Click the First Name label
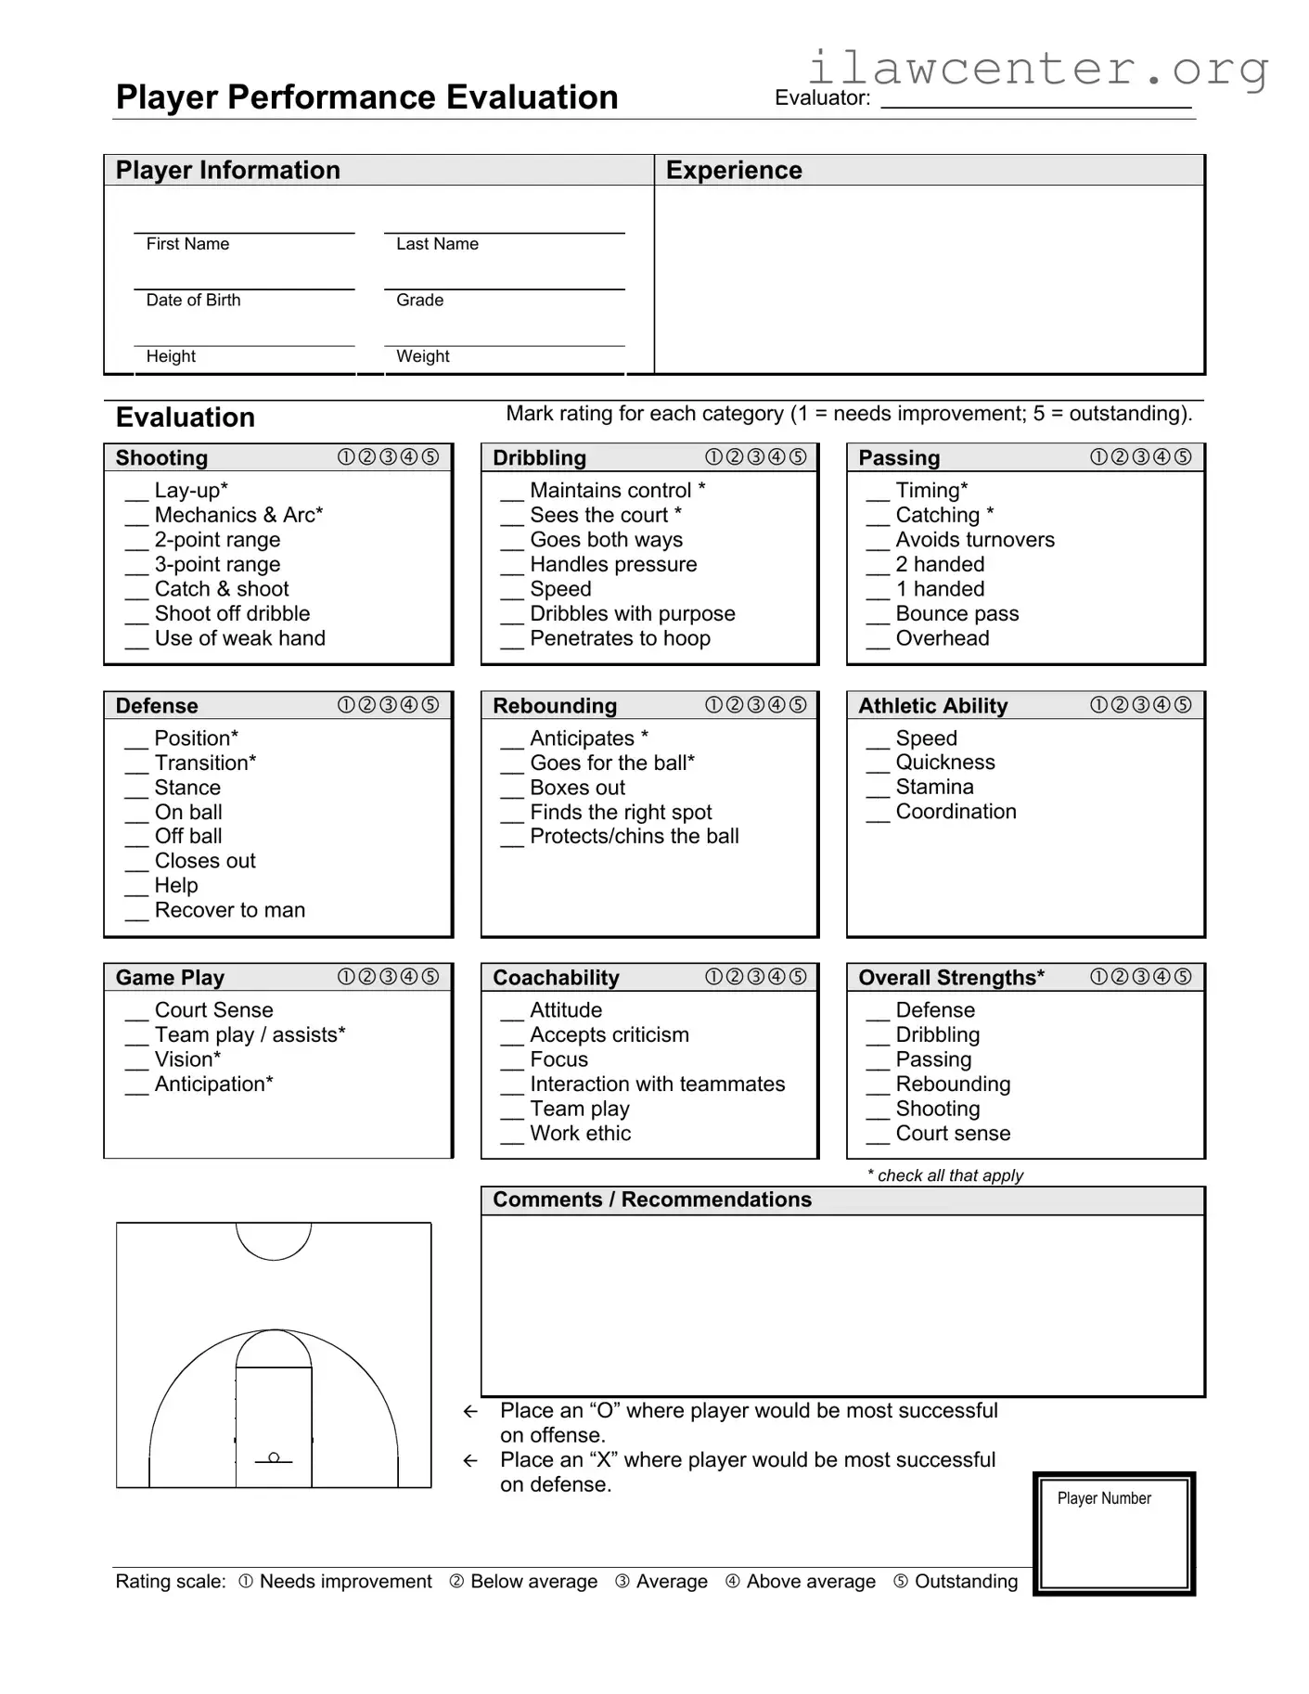(187, 244)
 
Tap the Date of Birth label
(193, 301)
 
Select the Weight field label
(422, 356)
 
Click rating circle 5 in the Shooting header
(430, 457)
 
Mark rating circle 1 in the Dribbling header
(713, 457)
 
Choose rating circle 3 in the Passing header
(1141, 457)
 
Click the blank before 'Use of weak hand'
(136, 640)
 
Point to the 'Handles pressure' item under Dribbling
(612, 565)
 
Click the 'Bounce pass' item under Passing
(956, 614)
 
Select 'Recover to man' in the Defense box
(229, 911)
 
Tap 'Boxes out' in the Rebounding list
(577, 788)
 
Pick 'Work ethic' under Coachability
(580, 1134)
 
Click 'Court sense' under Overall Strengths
(953, 1134)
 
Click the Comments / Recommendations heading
(651, 1200)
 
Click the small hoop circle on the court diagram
(274, 1457)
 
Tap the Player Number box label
(1104, 1498)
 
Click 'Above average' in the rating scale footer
(810, 1582)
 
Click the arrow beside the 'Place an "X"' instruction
(470, 1461)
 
